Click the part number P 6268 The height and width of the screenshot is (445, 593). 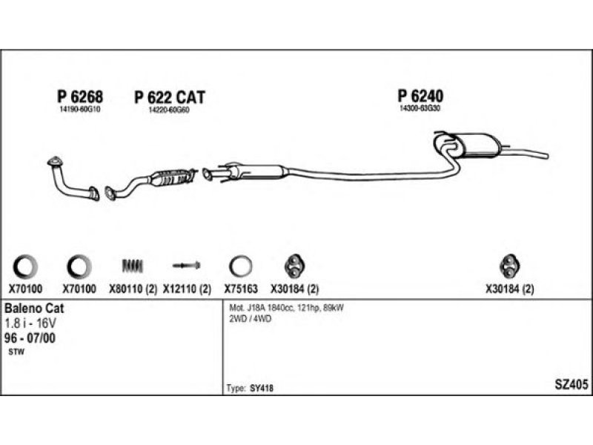[x=79, y=96]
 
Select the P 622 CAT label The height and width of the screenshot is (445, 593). [x=170, y=97]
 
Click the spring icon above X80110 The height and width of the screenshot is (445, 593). [x=131, y=266]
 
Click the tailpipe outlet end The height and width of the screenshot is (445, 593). [x=546, y=156]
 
